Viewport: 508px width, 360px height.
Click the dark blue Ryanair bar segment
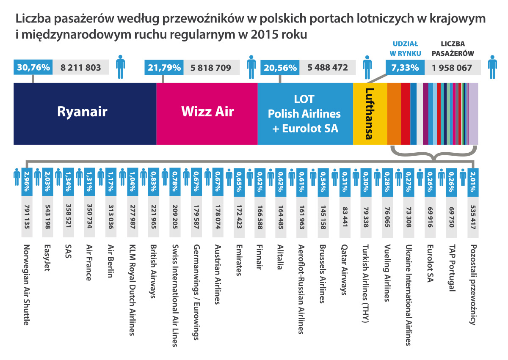point(85,113)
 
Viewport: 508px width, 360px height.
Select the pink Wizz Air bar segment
point(207,113)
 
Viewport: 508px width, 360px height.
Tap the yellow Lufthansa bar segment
point(370,113)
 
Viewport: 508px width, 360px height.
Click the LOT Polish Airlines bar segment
point(305,113)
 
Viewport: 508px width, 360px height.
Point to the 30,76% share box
point(33,67)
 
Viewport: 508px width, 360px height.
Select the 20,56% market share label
point(280,67)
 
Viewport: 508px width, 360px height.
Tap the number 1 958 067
point(452,67)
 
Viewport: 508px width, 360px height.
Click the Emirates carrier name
point(239,260)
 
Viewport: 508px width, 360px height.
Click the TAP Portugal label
point(452,268)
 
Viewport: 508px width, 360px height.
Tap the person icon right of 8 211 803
point(121,67)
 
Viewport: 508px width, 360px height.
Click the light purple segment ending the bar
point(473,113)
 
